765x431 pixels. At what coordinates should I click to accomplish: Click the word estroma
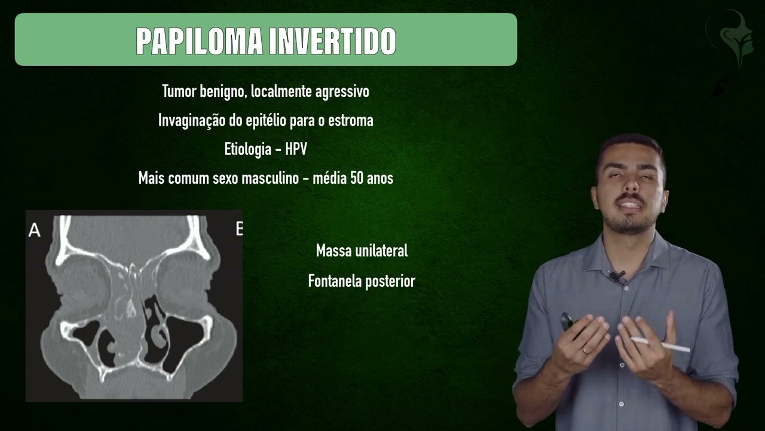click(x=353, y=120)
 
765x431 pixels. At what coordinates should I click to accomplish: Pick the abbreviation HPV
click(x=296, y=149)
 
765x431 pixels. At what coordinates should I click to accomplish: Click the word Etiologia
click(x=248, y=149)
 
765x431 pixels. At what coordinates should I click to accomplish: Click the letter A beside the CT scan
click(x=35, y=230)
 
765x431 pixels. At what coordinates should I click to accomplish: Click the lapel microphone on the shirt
click(x=618, y=277)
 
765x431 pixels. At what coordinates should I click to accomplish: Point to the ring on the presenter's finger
click(x=585, y=349)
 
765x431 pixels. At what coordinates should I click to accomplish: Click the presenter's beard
click(x=631, y=224)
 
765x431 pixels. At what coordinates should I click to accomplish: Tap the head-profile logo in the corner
click(x=730, y=40)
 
